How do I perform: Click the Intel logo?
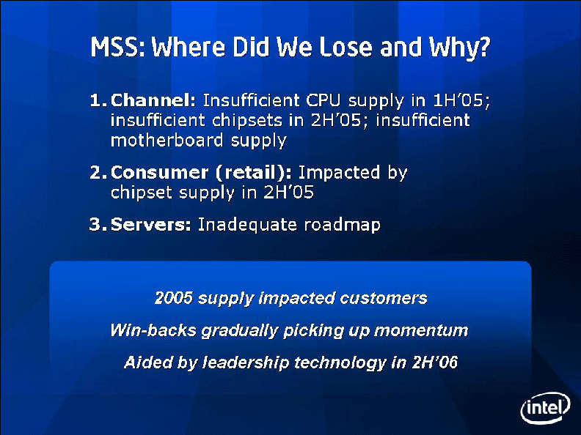tap(546, 407)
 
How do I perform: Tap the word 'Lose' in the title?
tap(346, 47)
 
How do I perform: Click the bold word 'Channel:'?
tap(153, 100)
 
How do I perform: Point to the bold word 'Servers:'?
tap(151, 225)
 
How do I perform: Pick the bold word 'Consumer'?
tap(159, 172)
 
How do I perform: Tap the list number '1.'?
tap(98, 100)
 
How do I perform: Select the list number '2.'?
tap(98, 172)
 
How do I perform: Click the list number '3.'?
tap(98, 225)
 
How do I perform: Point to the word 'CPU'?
tap(323, 100)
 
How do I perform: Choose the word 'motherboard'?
tap(167, 141)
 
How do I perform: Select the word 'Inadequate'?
tap(247, 226)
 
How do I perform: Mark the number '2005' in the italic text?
tap(174, 298)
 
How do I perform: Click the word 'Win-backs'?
tap(153, 330)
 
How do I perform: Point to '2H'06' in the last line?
tap(434, 362)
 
